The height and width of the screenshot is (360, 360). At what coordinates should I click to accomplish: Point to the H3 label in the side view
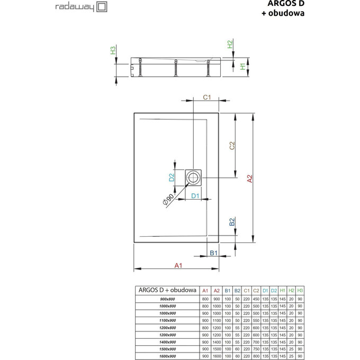tap(112, 51)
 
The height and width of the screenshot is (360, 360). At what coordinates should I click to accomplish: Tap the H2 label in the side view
tap(230, 45)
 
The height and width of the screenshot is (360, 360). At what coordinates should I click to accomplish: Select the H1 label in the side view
tap(242, 67)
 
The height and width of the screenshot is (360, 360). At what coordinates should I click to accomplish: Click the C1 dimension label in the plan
tap(208, 97)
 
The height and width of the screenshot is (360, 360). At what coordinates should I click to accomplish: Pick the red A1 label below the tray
tap(178, 265)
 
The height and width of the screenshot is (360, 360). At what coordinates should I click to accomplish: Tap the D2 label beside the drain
tap(172, 178)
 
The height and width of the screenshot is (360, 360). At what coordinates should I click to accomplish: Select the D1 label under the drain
tap(194, 196)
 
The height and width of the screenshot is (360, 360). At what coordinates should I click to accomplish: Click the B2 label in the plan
tap(232, 221)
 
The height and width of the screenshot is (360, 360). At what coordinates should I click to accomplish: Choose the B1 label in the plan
tap(214, 253)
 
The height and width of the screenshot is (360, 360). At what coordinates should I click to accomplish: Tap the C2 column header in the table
tap(256, 291)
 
